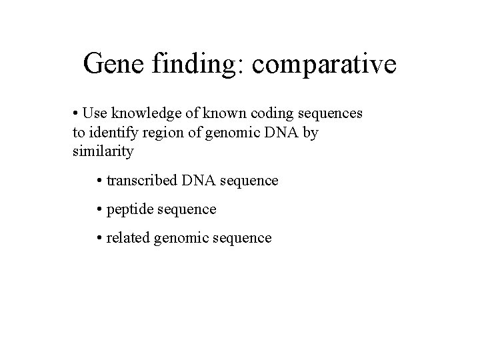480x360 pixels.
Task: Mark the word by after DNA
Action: tap(311, 133)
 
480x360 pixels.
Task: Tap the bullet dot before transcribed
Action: tap(100, 181)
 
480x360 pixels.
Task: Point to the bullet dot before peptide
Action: tap(100, 209)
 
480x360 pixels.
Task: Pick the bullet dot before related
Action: tap(100, 238)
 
